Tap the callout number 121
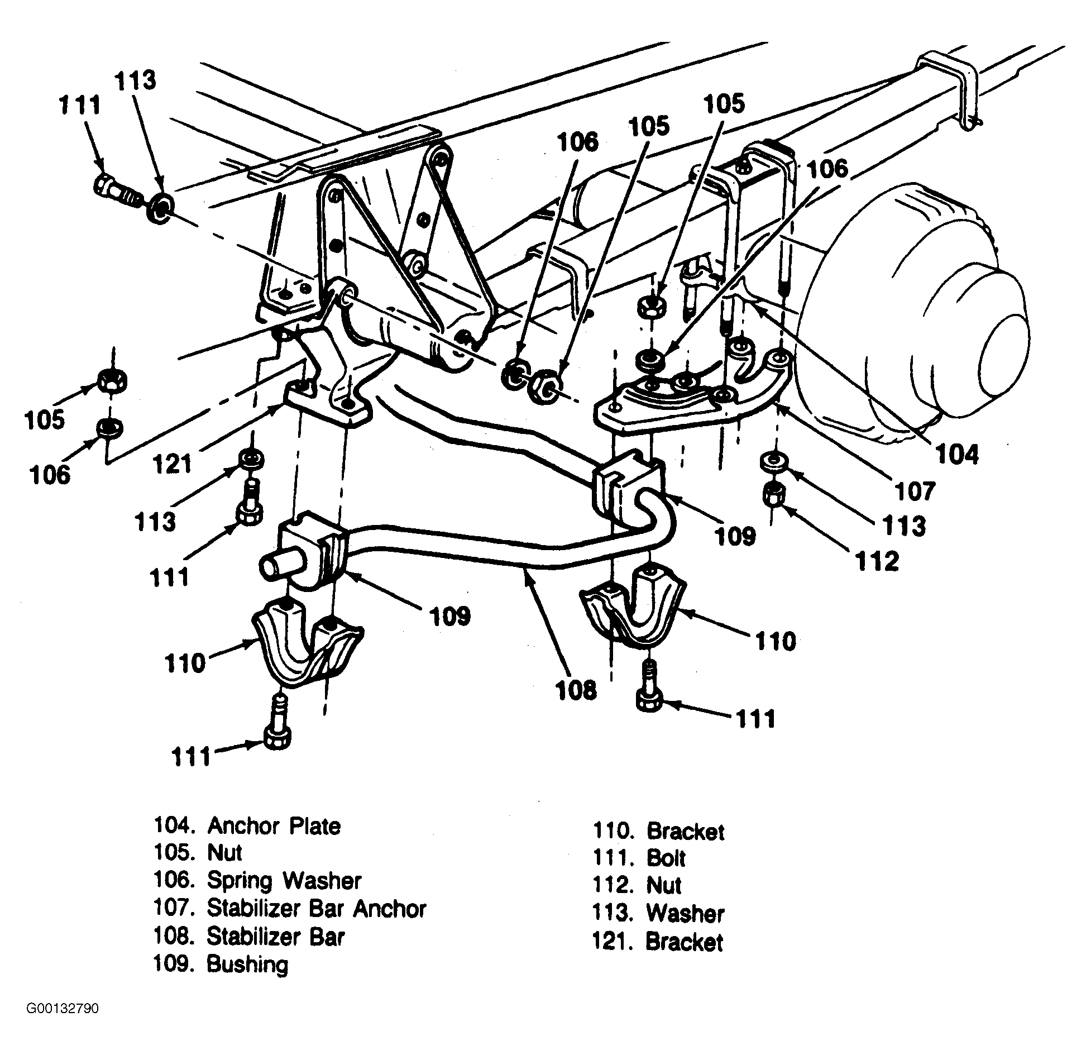click(x=172, y=463)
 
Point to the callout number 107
click(x=914, y=491)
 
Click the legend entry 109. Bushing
click(x=221, y=965)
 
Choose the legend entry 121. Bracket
click(x=658, y=942)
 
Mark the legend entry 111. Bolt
click(x=639, y=858)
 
